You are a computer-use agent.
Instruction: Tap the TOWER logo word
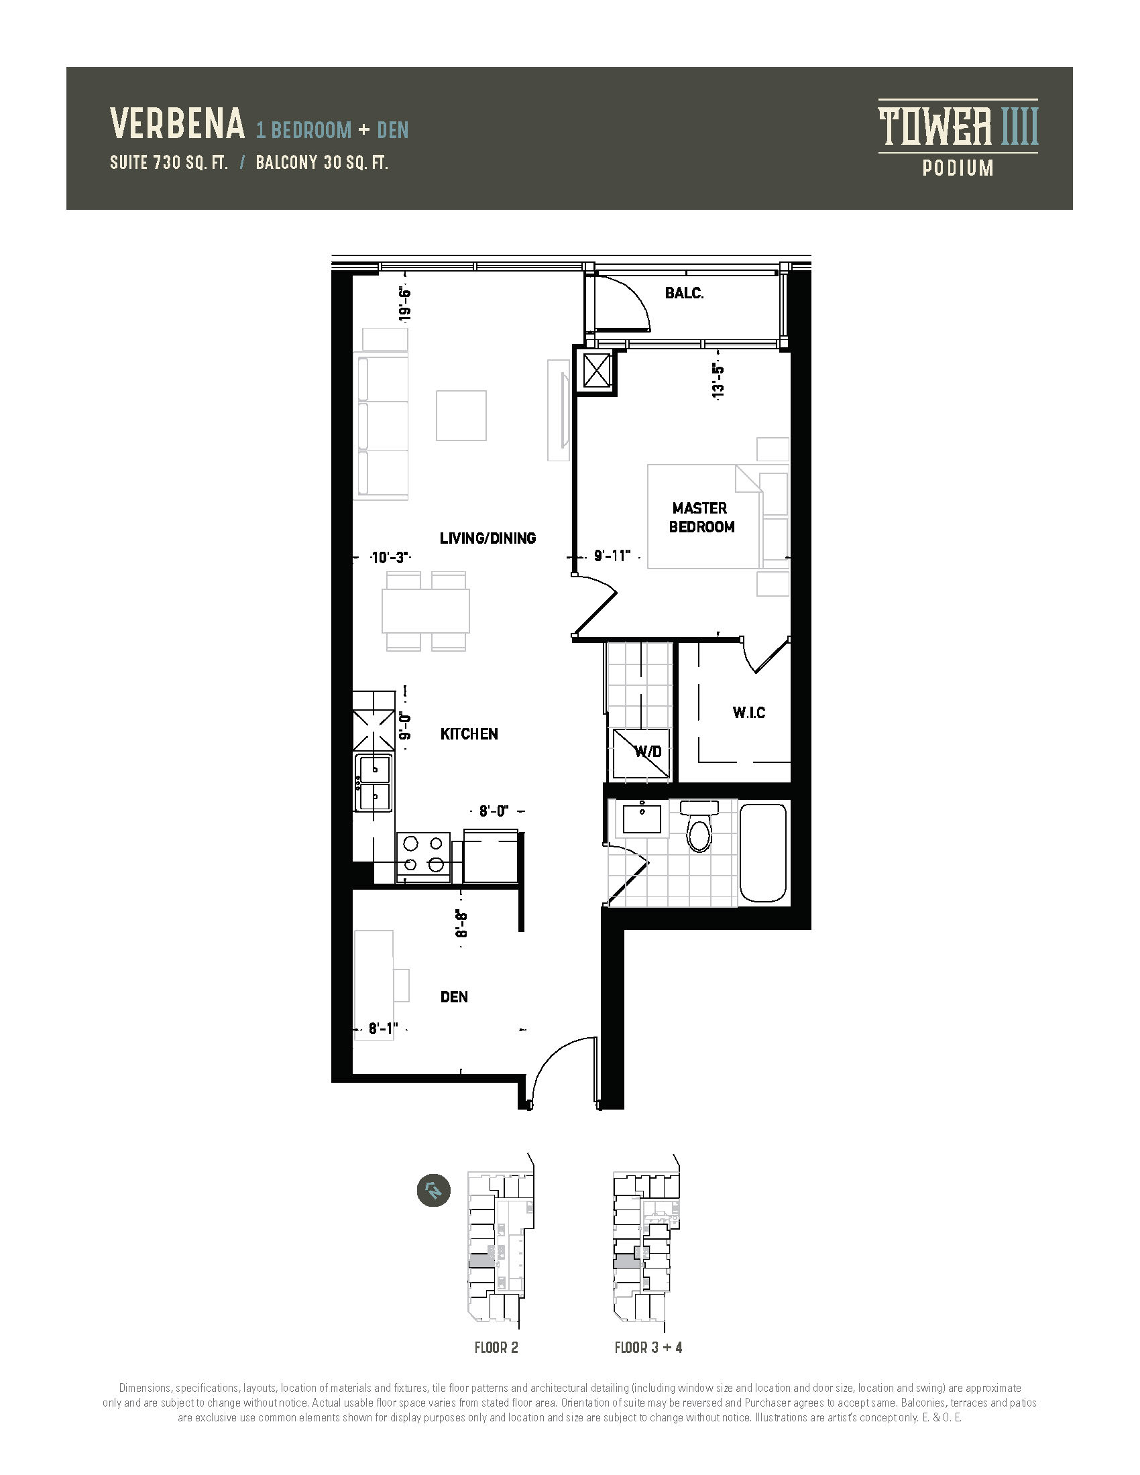coord(935,127)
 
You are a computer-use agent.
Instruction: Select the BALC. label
coord(684,293)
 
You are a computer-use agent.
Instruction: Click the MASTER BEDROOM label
coord(701,518)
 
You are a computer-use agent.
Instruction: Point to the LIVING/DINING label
coord(488,538)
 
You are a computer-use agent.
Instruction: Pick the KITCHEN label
coord(469,734)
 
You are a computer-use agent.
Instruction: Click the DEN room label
coord(454,997)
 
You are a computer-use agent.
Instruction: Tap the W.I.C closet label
coord(749,713)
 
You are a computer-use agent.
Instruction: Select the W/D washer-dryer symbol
coord(641,753)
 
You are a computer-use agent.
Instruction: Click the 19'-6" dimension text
coord(404,304)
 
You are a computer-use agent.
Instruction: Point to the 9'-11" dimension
coord(612,556)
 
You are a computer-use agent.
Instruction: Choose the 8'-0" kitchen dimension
coord(494,811)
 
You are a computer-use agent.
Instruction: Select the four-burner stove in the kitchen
coord(422,856)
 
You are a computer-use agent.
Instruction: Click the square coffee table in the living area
coord(461,416)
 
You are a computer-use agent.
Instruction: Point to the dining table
coord(425,611)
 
